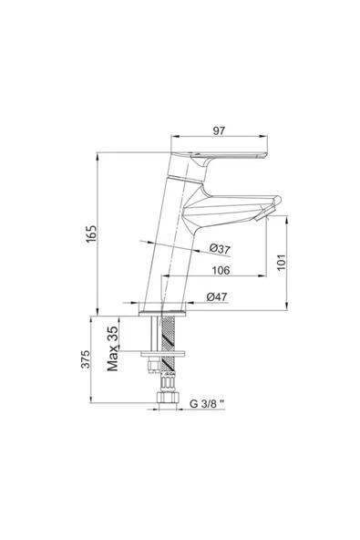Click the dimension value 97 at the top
tap(219, 130)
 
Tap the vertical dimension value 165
tap(92, 234)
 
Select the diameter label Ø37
tap(220, 249)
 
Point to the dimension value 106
tap(221, 270)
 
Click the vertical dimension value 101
tap(282, 263)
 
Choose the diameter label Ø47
tap(217, 296)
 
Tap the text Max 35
tap(113, 348)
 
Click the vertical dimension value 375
tap(86, 359)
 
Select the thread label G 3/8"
tap(207, 403)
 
